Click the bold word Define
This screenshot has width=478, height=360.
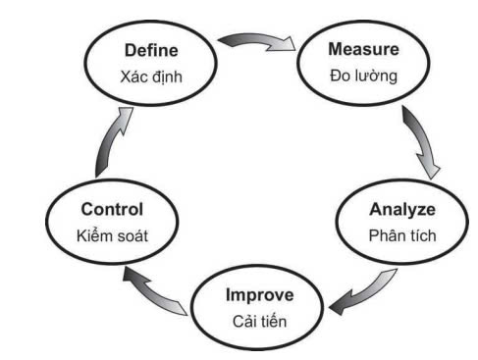[151, 50]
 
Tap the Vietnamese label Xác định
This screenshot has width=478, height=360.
[151, 77]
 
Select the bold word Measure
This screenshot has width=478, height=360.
[363, 49]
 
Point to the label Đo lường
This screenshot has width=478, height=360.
[363, 76]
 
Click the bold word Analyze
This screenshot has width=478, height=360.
[402, 210]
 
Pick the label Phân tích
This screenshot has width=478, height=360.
[402, 235]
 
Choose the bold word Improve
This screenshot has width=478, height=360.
[260, 295]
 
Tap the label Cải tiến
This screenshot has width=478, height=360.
[260, 321]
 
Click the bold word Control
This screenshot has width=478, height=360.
[112, 209]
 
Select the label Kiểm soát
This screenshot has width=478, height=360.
[112, 235]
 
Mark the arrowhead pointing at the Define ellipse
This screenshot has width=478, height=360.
[125, 118]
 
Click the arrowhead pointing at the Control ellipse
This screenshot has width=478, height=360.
[134, 277]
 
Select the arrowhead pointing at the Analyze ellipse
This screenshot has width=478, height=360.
[430, 169]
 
